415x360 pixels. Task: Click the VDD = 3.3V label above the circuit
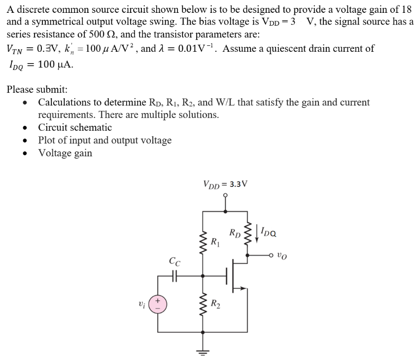click(x=225, y=183)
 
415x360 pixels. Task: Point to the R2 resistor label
click(x=215, y=304)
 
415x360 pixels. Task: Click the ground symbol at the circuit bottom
click(x=203, y=352)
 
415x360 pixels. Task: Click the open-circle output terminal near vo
click(x=272, y=256)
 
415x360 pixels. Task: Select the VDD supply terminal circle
click(x=226, y=195)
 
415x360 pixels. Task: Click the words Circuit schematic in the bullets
click(x=75, y=127)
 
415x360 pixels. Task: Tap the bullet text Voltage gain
click(x=65, y=153)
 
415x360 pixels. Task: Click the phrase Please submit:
click(x=37, y=90)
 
